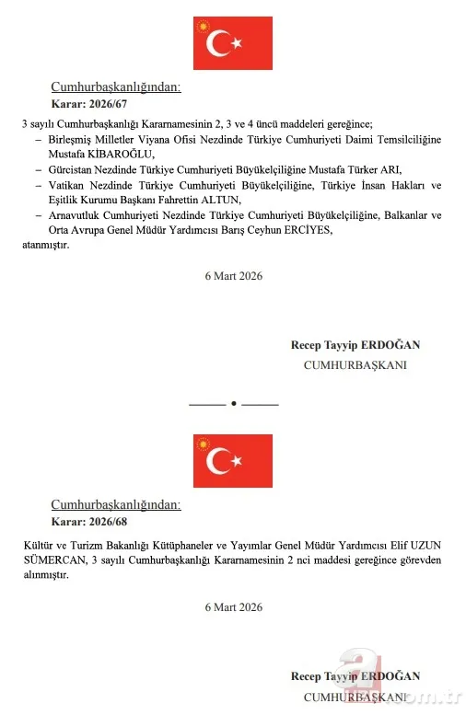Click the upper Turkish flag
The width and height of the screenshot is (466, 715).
pos(232,42)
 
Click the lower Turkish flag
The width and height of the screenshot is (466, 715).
pos(232,460)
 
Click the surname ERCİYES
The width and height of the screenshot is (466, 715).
pos(301,230)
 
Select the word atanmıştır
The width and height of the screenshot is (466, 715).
pos(45,245)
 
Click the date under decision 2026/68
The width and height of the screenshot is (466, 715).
pos(233,606)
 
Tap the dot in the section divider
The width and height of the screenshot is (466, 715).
pos(233,403)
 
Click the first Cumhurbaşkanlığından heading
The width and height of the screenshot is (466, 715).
pos(115,87)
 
